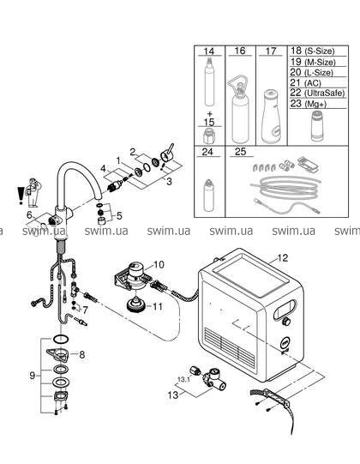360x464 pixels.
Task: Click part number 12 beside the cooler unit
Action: tap(283, 258)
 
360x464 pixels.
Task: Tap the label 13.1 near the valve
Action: tap(183, 379)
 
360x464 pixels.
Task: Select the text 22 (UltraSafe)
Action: tap(317, 93)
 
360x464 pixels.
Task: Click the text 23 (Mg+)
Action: tap(309, 104)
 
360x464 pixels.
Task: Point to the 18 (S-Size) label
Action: tap(312, 51)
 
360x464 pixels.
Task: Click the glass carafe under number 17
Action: tap(270, 117)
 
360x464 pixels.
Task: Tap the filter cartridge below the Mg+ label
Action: tap(318, 126)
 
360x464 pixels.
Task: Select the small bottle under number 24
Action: tap(208, 195)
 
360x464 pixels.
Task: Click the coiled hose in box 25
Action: tap(285, 188)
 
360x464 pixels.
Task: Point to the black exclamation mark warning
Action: tap(20, 196)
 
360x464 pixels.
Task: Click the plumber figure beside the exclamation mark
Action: tap(33, 193)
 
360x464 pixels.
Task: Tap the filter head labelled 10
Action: tap(134, 277)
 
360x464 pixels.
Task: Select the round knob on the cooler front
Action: tap(286, 322)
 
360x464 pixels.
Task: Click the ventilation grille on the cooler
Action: tap(230, 348)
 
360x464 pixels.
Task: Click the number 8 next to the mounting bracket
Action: tap(82, 354)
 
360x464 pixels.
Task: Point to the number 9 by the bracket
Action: tap(33, 376)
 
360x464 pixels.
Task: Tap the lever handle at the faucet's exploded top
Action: tap(167, 153)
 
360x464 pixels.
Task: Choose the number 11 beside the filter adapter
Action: tap(158, 306)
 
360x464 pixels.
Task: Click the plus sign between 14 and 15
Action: tap(210, 113)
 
